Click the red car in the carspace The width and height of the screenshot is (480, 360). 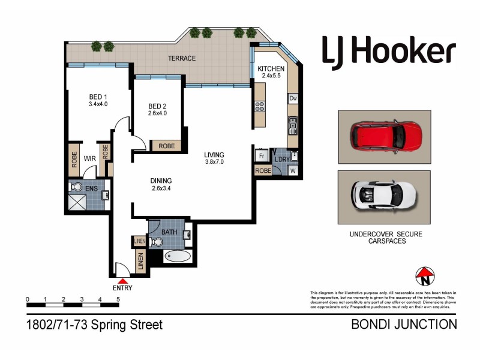pos(384,137)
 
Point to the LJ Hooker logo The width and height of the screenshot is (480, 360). pos(389,52)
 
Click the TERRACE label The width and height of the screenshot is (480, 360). pos(181,58)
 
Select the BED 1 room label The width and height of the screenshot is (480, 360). pos(98,97)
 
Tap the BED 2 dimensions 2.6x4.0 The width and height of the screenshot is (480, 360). pos(157,113)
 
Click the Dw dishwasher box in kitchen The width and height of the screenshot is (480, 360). pos(293,98)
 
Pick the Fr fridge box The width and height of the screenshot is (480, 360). pos(262,155)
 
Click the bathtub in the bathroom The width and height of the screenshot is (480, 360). pos(178,257)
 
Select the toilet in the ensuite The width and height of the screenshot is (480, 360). pos(77,187)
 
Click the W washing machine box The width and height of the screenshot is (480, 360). pos(293,170)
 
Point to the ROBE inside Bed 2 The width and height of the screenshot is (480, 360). pos(166,146)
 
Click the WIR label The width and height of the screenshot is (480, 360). pos(90,159)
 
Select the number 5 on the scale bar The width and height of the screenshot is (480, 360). pos(118,299)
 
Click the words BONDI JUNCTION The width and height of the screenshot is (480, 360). pos(403,325)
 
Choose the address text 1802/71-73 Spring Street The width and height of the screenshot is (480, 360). pos(94,325)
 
